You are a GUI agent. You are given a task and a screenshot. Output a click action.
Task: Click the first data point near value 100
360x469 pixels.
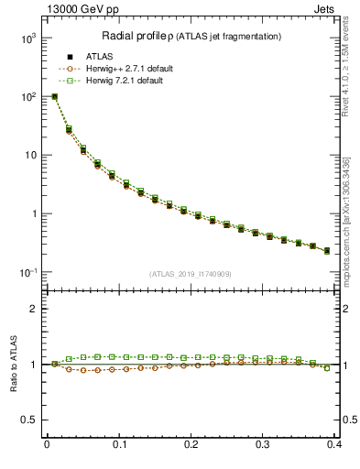tap(54, 96)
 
